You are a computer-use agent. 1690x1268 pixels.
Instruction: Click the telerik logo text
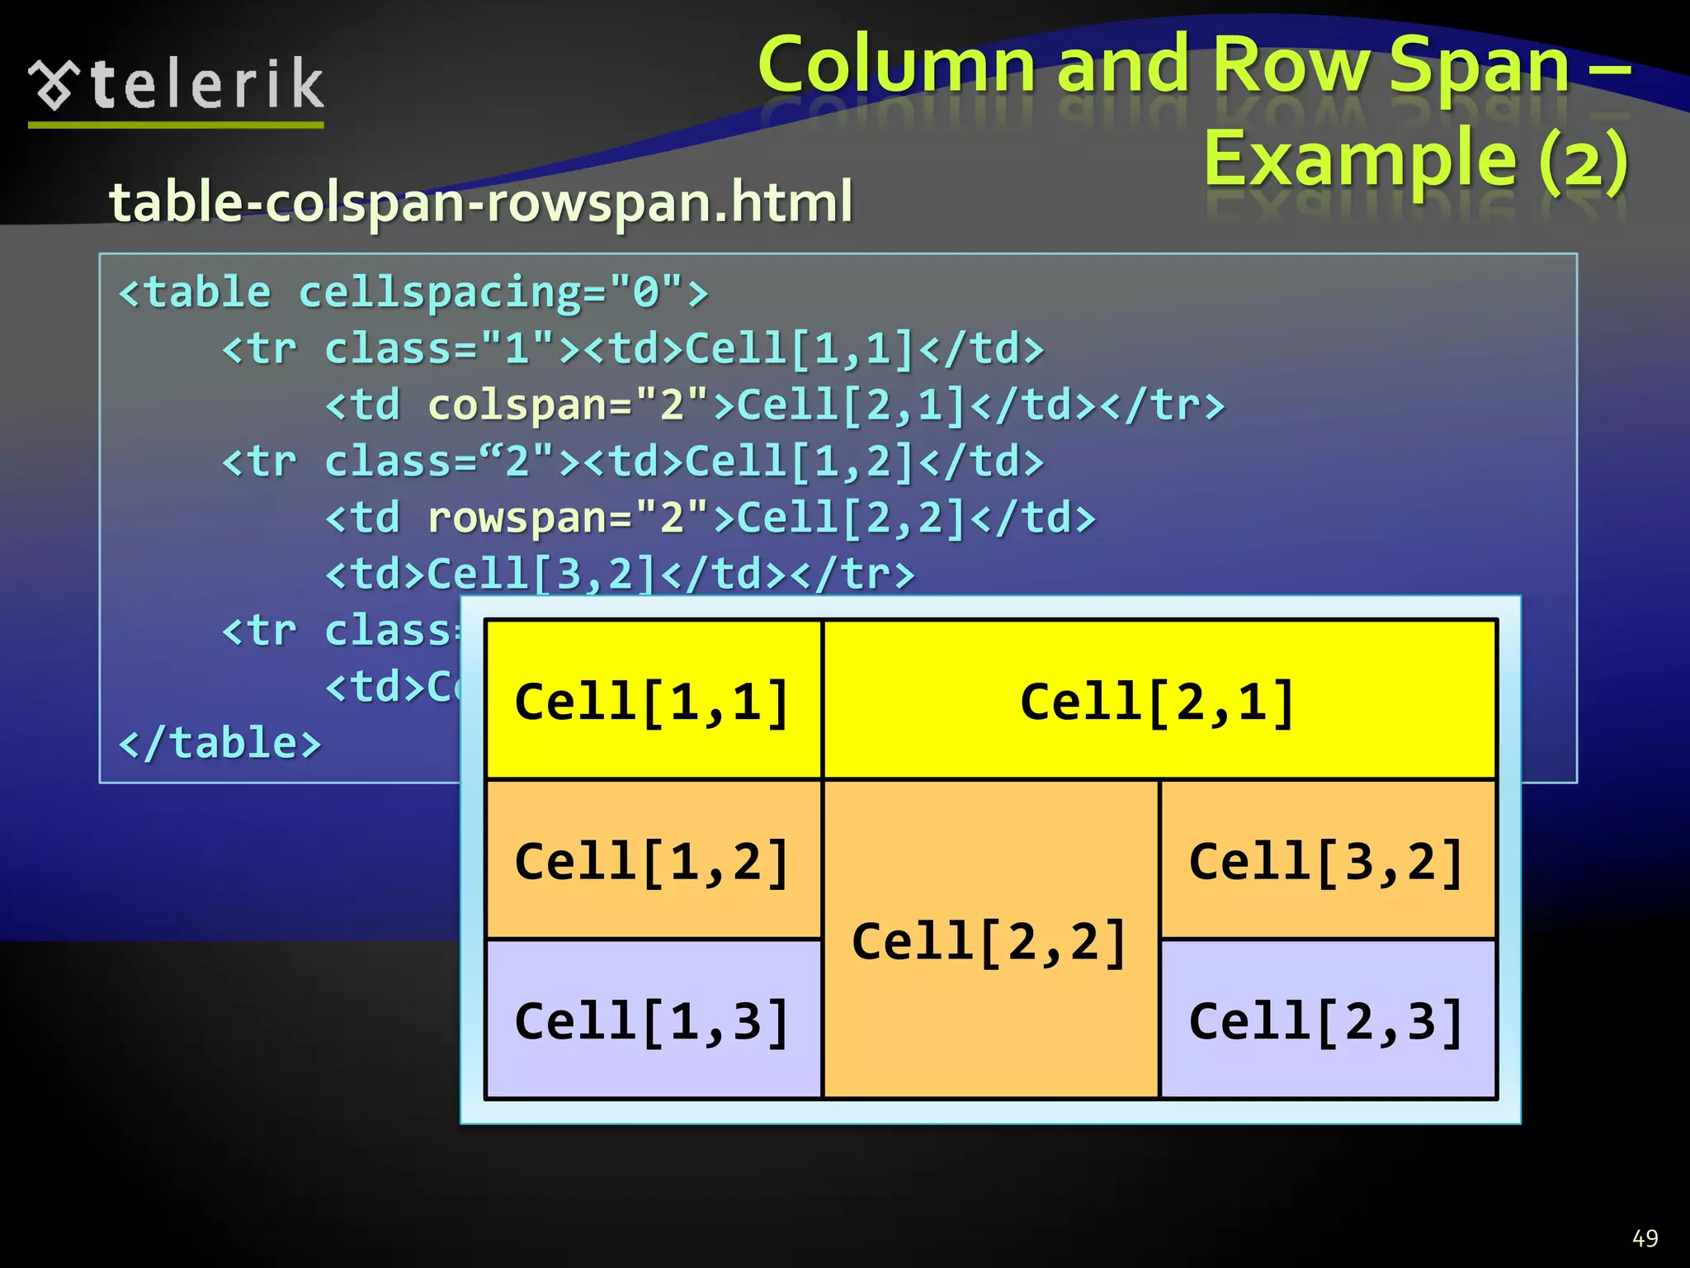(x=206, y=84)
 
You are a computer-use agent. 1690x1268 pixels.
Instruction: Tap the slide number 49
(x=1645, y=1238)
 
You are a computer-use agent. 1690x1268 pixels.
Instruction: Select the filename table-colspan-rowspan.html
(x=481, y=202)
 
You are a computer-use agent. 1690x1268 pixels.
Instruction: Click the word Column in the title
(x=896, y=66)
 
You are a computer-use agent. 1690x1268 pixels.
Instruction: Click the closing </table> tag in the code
(x=220, y=743)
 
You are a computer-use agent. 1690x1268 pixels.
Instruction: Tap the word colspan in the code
(x=516, y=405)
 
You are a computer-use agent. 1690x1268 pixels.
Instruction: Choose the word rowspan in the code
(x=516, y=518)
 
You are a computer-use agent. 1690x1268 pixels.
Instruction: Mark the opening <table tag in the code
(x=196, y=293)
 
